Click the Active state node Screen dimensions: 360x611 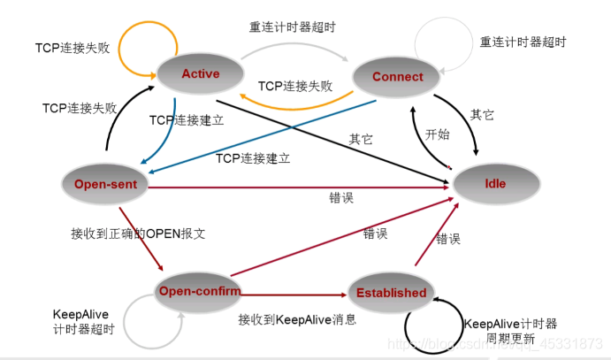(200, 73)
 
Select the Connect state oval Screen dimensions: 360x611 (397, 77)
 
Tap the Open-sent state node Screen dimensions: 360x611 (103, 183)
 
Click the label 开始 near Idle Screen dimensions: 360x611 (437, 135)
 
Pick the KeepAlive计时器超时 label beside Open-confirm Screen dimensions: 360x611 (85, 321)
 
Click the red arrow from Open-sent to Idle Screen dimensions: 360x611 (301, 187)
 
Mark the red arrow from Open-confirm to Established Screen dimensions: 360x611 (292, 293)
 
